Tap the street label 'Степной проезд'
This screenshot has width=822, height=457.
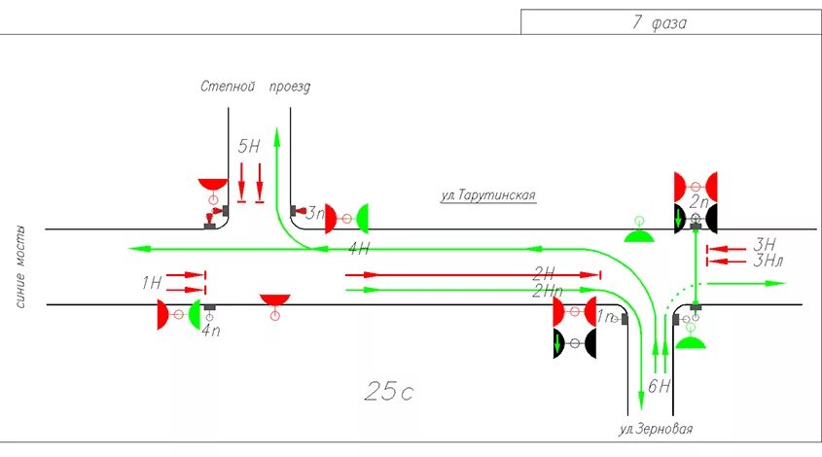255,87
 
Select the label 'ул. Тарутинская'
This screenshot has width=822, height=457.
487,194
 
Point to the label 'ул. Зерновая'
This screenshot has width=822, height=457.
657,429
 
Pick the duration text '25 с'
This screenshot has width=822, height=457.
389,391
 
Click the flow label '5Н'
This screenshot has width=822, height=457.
249,147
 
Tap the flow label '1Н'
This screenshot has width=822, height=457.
151,283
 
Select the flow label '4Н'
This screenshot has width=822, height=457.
359,250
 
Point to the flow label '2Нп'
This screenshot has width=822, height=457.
549,290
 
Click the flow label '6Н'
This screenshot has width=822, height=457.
659,386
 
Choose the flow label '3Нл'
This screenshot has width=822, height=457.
768,260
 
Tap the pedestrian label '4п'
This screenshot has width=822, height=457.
210,330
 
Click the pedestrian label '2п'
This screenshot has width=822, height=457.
698,202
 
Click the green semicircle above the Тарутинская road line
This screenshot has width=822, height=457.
638,236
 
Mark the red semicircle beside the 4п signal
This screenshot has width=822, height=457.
164,314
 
